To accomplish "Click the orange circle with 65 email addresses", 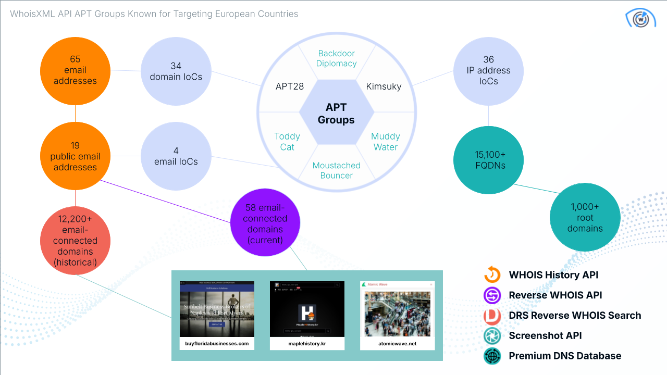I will (x=76, y=70).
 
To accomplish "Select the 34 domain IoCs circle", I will (x=176, y=71).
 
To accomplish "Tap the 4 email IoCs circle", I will (x=176, y=156).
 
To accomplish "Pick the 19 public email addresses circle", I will (x=76, y=156).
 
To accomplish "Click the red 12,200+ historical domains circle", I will (x=76, y=241).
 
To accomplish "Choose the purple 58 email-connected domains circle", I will (x=265, y=223).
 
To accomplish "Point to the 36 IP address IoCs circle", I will (x=488, y=70).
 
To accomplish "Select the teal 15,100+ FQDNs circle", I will (x=488, y=160).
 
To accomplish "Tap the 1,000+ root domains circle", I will (x=585, y=218).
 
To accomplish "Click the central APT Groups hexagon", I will (x=336, y=114).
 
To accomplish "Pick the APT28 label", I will (x=290, y=86).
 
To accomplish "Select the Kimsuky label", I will (x=384, y=86).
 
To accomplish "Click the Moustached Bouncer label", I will (x=336, y=170).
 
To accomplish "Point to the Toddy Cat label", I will (x=287, y=142).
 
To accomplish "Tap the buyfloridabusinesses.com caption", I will (x=217, y=344).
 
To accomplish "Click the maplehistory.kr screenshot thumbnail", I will (x=307, y=309).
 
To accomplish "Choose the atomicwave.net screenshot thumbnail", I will (x=397, y=309).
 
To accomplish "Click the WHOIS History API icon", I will (x=492, y=274).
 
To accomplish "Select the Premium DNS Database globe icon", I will (x=492, y=356).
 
